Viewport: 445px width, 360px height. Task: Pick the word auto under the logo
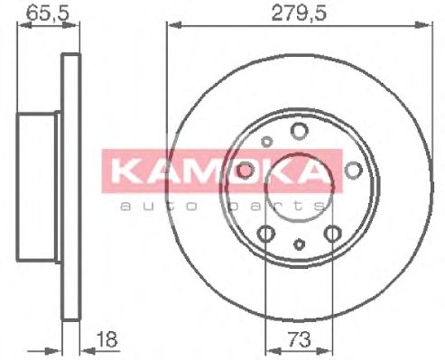[151, 207]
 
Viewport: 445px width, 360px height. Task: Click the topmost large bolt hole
[299, 133]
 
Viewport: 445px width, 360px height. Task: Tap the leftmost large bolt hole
[245, 171]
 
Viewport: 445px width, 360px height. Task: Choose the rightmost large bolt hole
[352, 171]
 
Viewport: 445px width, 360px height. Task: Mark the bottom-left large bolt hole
[265, 235]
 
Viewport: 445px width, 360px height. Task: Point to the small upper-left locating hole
[265, 141]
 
